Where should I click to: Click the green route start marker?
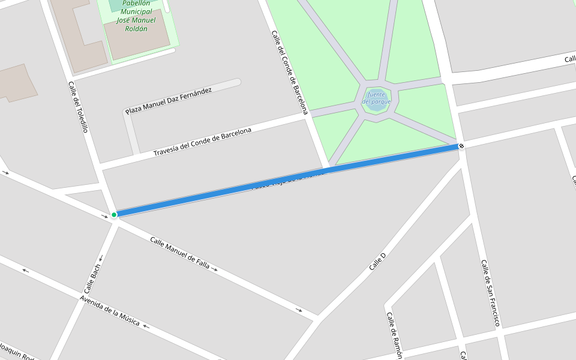click(114, 214)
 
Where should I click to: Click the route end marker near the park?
click(461, 146)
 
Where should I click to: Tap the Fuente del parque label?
click(376, 98)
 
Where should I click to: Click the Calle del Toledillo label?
click(79, 107)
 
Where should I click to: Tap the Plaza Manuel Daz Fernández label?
click(169, 100)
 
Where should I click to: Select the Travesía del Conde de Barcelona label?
click(202, 142)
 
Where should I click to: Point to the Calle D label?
click(377, 262)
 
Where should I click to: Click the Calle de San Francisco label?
click(490, 293)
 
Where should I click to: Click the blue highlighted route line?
click(288, 180)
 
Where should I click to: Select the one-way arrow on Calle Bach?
click(100, 259)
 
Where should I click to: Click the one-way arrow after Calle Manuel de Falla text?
click(214, 270)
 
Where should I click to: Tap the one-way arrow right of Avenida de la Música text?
click(146, 327)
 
